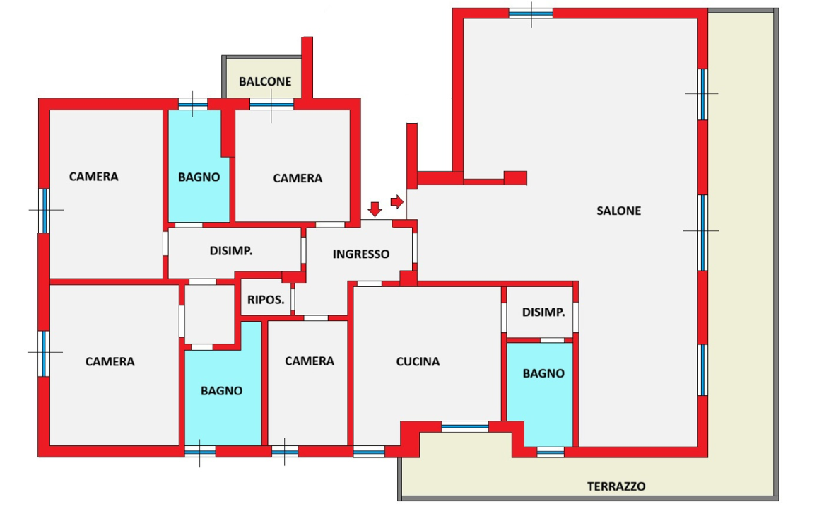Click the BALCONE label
[265, 81]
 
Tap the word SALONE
[618, 211]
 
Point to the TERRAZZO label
[616, 486]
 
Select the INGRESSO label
[361, 254]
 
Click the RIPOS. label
[266, 300]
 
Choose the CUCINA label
[418, 361]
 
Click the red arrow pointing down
[375, 209]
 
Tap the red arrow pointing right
[396, 201]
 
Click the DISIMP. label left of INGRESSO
[231, 251]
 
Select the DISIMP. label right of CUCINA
[543, 312]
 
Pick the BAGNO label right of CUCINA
[543, 373]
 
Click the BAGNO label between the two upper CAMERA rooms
[199, 177]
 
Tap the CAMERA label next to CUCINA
[310, 361]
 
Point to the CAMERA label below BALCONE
[298, 178]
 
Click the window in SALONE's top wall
[531, 13]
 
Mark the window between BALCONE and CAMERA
[271, 105]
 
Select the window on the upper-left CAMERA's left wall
[44, 211]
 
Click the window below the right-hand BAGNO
[551, 452]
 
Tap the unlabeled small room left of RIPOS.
[209, 315]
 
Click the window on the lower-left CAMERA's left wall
[44, 353]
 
